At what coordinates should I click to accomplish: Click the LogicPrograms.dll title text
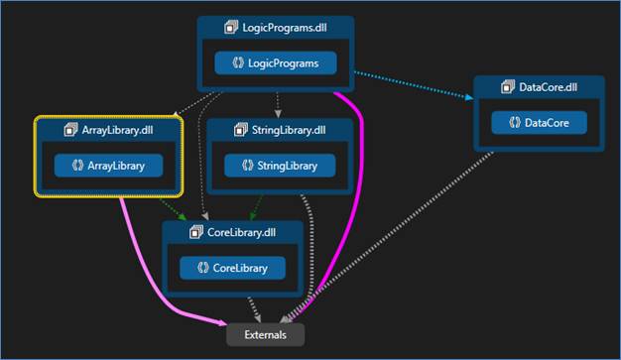pos(285,28)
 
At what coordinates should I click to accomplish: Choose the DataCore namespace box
pos(539,123)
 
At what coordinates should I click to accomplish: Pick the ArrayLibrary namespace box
pos(108,166)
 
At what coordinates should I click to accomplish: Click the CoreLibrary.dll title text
pos(240,232)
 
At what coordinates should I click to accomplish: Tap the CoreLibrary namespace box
pos(232,268)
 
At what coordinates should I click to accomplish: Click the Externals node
pos(265,334)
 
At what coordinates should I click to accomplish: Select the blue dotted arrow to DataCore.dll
pos(417,83)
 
